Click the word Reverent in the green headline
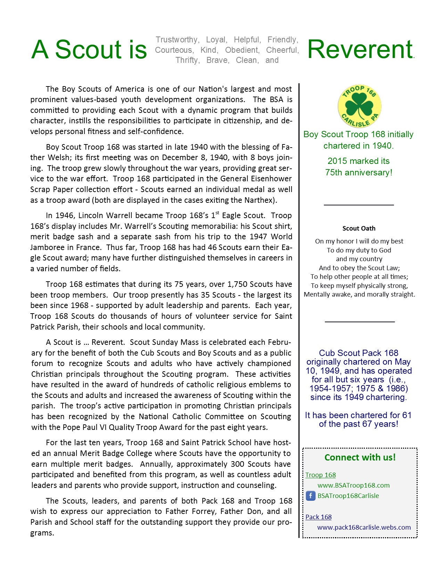tap(360, 49)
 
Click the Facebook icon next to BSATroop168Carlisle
tap(310, 496)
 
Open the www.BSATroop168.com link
tap(353, 485)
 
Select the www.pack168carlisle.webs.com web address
tap(364, 527)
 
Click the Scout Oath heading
tap(359, 229)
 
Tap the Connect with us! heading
tap(360, 457)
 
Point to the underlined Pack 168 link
tap(318, 517)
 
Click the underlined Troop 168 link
tap(320, 475)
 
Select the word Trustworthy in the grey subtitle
tap(177, 40)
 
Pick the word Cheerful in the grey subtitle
tap(282, 50)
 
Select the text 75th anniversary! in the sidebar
tap(359, 172)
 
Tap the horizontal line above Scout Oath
tap(359, 205)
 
